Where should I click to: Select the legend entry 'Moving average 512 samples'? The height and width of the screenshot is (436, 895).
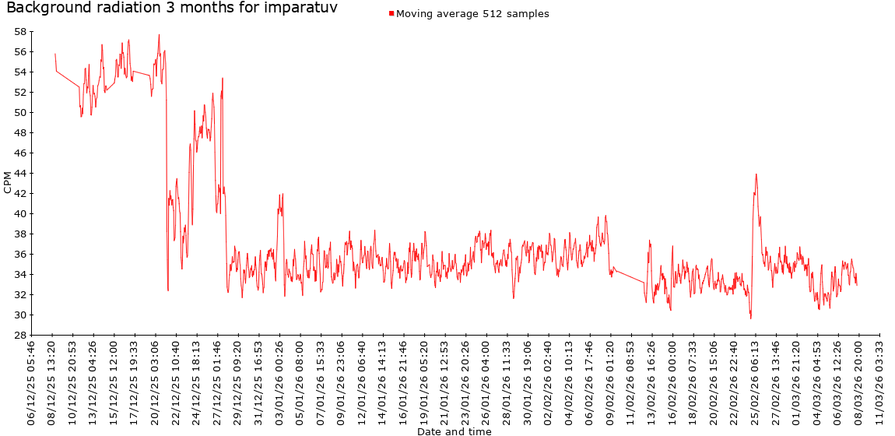click(x=472, y=14)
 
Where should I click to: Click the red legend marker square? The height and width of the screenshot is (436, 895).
click(x=391, y=13)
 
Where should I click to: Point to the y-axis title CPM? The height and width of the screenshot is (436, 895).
click(x=8, y=182)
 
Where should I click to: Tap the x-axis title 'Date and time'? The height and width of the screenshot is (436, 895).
click(x=454, y=431)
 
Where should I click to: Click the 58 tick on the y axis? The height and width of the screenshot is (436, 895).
click(x=20, y=32)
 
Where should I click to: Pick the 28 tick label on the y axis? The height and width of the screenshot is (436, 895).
click(x=20, y=336)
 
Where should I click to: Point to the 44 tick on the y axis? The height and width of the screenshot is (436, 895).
click(x=20, y=174)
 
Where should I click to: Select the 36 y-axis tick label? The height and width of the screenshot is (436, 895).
click(x=20, y=255)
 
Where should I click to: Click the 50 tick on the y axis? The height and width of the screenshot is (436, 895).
click(x=20, y=113)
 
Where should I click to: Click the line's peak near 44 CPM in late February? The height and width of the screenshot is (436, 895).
click(x=756, y=174)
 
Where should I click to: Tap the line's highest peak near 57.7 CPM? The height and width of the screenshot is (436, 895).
click(x=159, y=34)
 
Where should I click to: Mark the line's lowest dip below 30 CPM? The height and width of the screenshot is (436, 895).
click(x=751, y=318)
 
